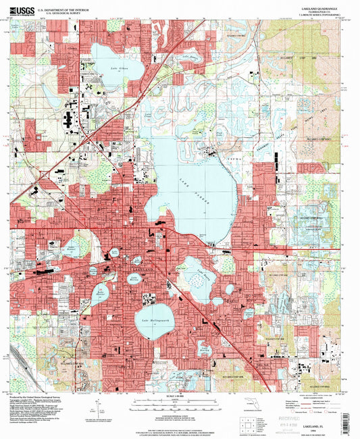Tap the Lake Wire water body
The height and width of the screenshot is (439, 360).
point(113,252)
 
